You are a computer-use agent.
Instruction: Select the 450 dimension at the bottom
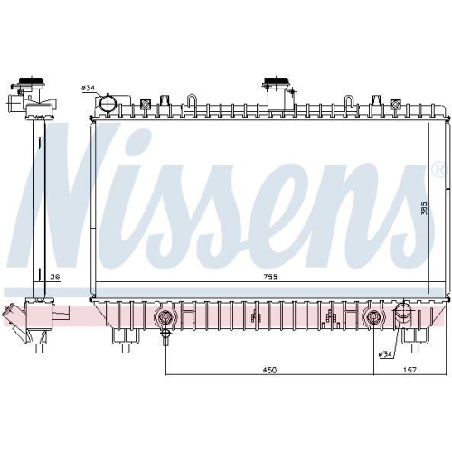[268, 370]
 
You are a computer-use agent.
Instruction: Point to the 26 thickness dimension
[55, 278]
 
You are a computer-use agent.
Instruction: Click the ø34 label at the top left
[89, 88]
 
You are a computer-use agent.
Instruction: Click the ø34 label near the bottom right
[384, 353]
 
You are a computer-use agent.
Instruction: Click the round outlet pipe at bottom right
[404, 317]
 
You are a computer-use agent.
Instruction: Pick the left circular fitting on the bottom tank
[165, 318]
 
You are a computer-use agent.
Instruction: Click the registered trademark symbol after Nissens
[438, 169]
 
